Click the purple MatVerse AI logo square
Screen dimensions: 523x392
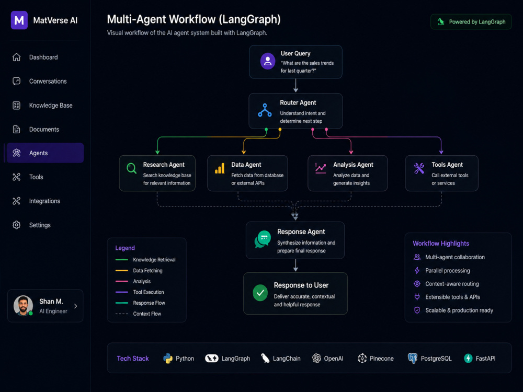19,20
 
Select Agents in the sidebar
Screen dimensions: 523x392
45,153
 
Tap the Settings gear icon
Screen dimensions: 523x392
16,225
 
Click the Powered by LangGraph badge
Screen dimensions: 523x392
471,21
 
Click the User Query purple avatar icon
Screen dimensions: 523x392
267,61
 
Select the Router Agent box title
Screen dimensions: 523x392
298,102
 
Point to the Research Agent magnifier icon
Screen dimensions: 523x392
131,168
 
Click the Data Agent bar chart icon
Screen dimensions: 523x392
220,168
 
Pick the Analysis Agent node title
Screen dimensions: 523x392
353,165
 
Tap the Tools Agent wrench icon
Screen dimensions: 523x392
419,168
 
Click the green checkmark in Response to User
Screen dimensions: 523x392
260,293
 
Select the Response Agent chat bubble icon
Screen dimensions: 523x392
263,239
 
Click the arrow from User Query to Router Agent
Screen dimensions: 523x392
295,86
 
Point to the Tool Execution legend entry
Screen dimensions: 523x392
140,292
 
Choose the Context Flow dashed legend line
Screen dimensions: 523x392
122,314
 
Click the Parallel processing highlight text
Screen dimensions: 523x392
448,271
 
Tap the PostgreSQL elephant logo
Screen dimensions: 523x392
413,359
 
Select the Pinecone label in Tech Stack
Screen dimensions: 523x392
382,359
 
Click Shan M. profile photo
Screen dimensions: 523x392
23,305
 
